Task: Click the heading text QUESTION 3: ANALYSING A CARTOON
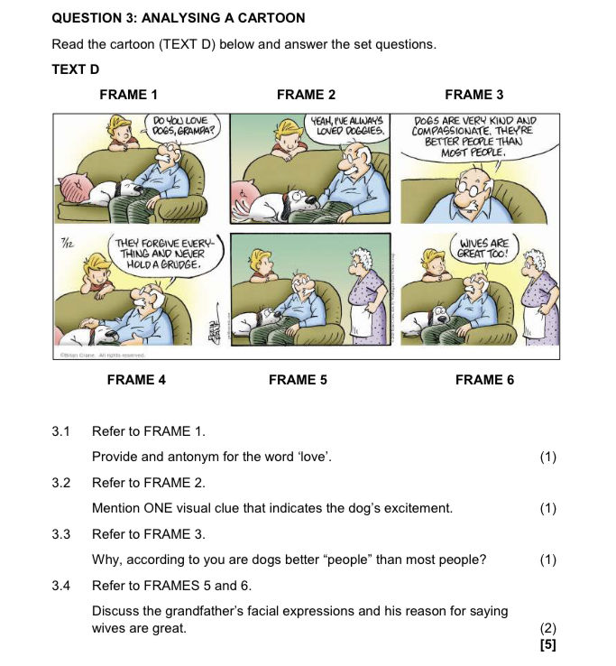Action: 179,18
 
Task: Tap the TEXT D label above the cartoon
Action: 76,69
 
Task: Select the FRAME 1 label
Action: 128,95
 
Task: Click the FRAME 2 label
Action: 306,95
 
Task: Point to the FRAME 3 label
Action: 473,95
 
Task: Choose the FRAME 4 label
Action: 136,380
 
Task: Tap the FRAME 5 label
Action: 298,380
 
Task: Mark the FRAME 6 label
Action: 484,380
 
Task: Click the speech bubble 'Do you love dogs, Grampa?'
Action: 181,125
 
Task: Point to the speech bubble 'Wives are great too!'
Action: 484,248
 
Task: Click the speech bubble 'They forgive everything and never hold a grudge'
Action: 164,255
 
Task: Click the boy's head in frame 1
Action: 122,127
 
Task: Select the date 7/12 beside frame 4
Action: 66,242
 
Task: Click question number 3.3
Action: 61,534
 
